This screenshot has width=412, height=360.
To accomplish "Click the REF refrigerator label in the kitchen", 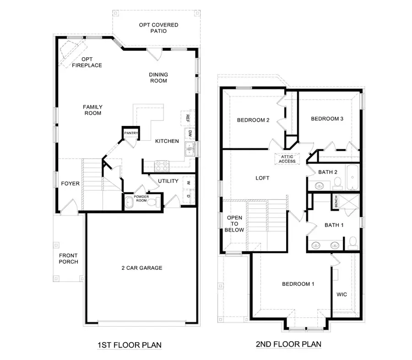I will [187, 117].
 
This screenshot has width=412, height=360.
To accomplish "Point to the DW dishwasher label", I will [190, 133].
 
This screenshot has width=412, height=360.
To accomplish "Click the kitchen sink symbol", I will [190, 149].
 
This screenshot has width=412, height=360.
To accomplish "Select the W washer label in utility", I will [188, 182].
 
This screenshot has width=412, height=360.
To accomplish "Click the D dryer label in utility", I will [188, 197].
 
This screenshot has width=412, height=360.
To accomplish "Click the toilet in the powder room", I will [157, 202].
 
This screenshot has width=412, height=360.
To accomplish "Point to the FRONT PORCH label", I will [68, 259].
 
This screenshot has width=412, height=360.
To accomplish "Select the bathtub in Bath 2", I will [352, 179].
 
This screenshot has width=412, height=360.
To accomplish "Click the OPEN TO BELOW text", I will [235, 223].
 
